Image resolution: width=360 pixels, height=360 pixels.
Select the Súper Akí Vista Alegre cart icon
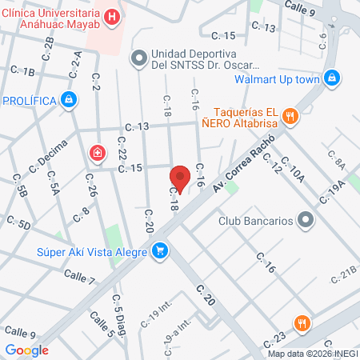coord(161,251)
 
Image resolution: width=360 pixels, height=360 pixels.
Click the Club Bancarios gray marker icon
coord(305,219)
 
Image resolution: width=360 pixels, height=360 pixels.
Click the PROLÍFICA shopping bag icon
coord(70,100)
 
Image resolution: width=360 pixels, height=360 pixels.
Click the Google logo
coord(26,350)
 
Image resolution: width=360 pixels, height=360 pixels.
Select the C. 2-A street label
coord(76,64)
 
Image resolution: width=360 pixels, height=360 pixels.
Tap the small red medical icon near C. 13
coord(98,153)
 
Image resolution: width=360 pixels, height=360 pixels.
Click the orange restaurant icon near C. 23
coord(301,323)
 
